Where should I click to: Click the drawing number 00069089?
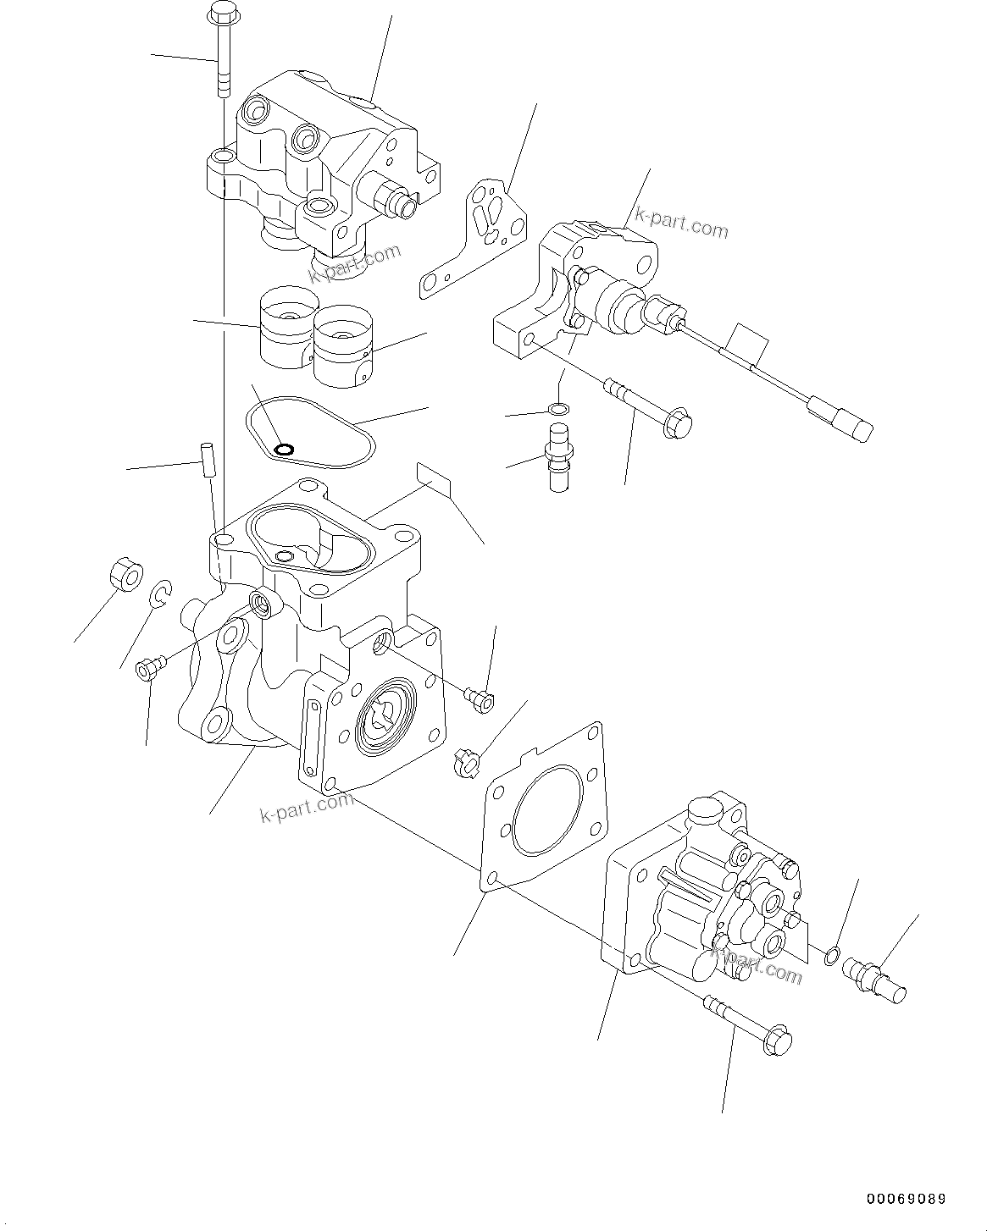coord(906,1199)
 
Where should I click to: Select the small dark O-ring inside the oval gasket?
coord(286,448)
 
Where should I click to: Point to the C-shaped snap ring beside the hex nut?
coord(161,594)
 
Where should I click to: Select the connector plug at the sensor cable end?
coord(843,420)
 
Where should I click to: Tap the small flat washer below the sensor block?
coord(557,411)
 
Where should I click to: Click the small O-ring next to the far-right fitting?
coord(833,958)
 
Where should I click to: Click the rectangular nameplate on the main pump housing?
coord(435,481)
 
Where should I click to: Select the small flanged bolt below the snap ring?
coord(147,670)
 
